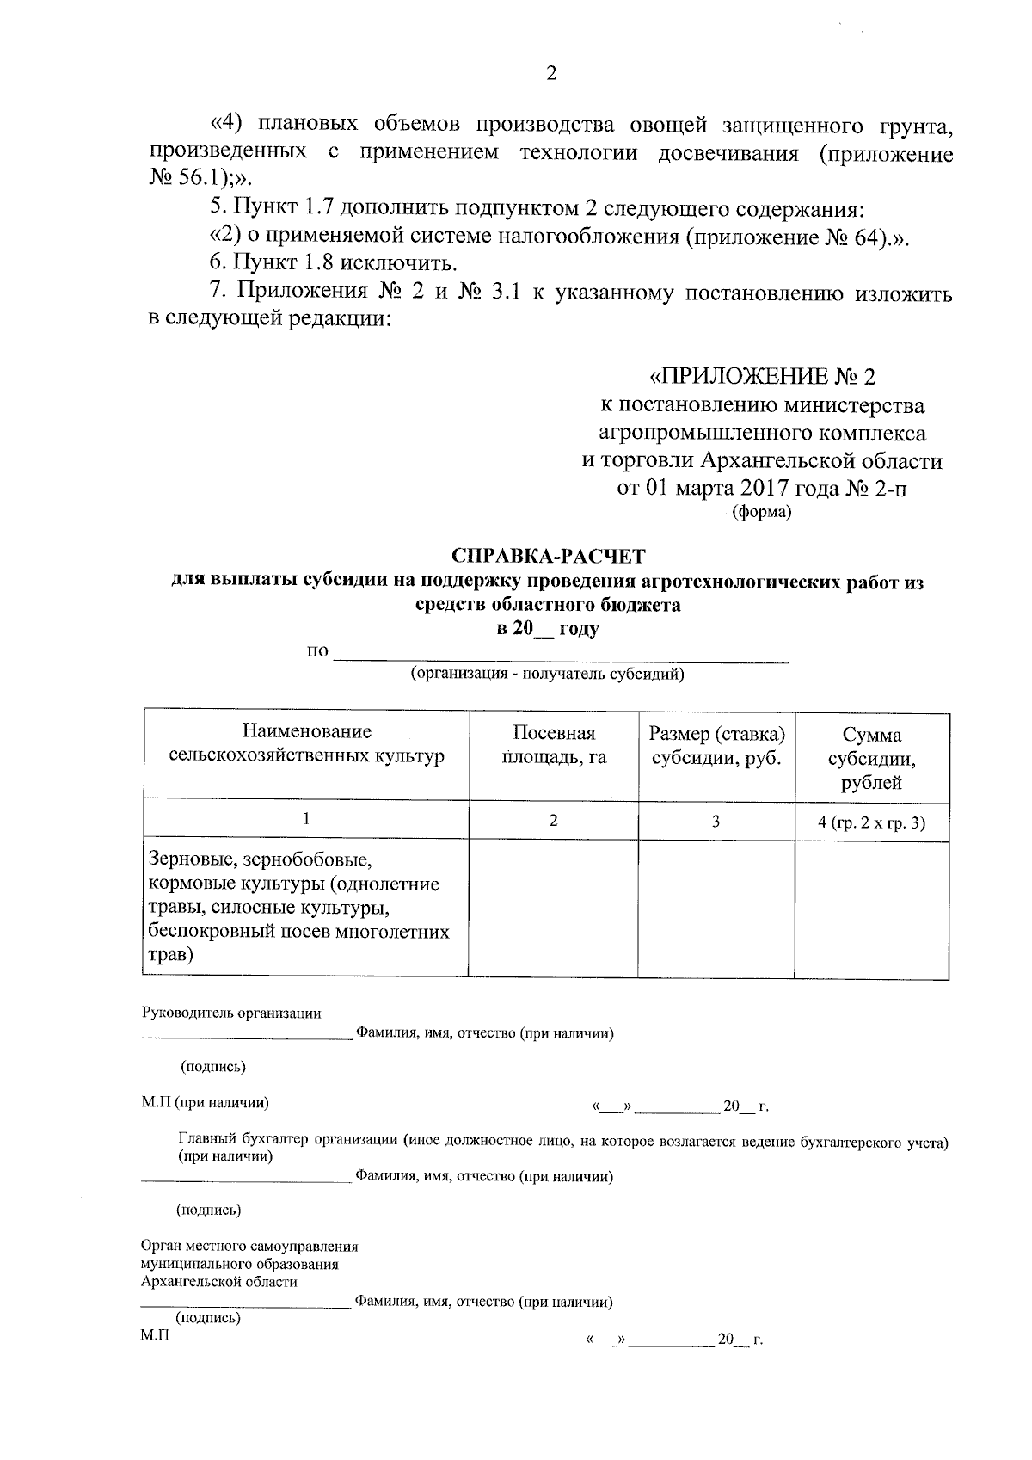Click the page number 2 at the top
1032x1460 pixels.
tap(551, 74)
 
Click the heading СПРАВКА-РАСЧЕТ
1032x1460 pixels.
tap(548, 556)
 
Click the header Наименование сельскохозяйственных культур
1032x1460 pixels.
tap(307, 744)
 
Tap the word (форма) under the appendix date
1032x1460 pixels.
tap(761, 513)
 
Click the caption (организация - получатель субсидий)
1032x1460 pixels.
tap(547, 674)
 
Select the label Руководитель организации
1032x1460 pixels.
tap(231, 1013)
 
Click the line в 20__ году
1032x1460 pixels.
tap(548, 629)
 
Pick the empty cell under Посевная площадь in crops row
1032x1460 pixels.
tap(554, 908)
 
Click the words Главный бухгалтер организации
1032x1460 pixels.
tap(287, 1142)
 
